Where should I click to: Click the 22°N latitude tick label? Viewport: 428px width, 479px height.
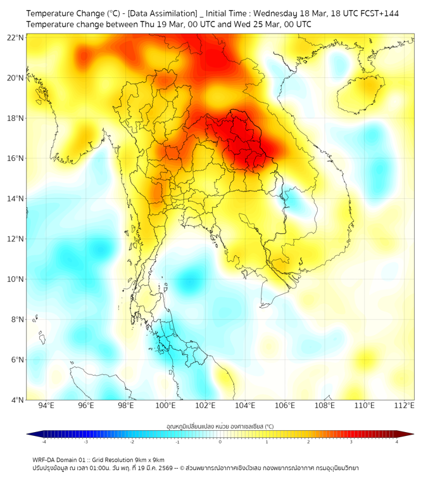(16, 38)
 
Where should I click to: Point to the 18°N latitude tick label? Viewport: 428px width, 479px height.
(16, 118)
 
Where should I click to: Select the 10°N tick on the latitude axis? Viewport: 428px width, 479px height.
(16, 279)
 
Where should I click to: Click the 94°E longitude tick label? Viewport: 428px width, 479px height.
(46, 406)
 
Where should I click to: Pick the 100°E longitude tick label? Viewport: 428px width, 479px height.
(165, 406)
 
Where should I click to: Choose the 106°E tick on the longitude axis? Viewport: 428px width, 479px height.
(285, 406)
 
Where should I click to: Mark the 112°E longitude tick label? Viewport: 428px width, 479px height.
(404, 406)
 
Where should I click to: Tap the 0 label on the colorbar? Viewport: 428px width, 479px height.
(220, 442)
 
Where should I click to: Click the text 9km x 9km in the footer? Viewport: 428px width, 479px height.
(148, 460)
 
